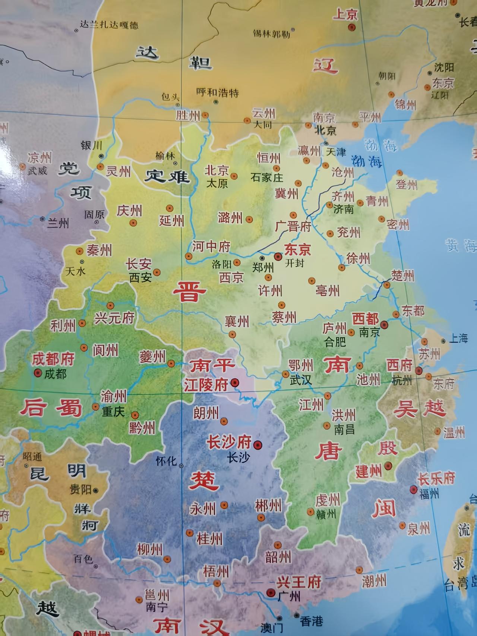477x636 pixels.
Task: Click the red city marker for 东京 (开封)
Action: coord(278,256)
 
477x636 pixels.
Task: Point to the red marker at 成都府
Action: coord(38,372)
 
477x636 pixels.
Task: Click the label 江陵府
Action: coord(206,385)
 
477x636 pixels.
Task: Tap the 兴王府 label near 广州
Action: coord(299,582)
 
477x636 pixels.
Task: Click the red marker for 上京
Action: coord(351,27)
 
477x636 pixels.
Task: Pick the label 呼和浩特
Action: coord(218,92)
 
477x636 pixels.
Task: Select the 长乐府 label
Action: coord(436,478)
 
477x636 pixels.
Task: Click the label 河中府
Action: coord(211,246)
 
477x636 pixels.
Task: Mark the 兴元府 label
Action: coord(114,318)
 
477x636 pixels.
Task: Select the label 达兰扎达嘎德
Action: coord(109,25)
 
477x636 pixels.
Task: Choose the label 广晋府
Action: coord(293,226)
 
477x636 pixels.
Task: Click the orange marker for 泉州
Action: coord(402,525)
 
